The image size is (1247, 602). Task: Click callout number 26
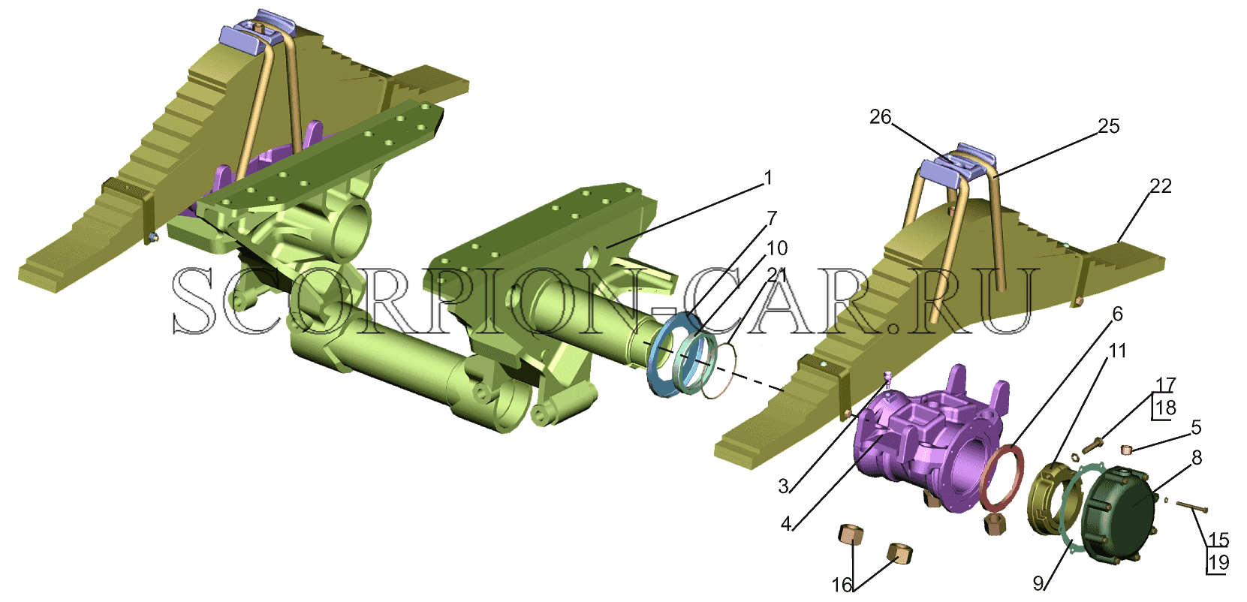[880, 117]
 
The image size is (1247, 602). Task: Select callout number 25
[1108, 126]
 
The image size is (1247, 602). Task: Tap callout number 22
[1160, 186]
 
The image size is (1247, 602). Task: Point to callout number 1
[769, 178]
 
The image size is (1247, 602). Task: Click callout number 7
[772, 218]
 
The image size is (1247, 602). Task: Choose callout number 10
[777, 248]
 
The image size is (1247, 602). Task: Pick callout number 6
[1117, 315]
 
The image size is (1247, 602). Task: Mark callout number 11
[1117, 351]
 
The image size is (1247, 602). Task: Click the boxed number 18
[1165, 408]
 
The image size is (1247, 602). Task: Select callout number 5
[1196, 427]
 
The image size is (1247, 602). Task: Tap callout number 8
[1197, 458]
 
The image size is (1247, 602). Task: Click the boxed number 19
[1218, 562]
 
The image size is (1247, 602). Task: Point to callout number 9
[1038, 583]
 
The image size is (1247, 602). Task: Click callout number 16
[842, 585]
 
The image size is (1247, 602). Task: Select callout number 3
[783, 486]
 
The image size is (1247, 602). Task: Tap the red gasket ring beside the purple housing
[1001, 476]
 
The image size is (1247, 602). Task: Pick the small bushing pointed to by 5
[1127, 449]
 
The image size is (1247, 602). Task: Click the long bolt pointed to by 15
[1191, 507]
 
